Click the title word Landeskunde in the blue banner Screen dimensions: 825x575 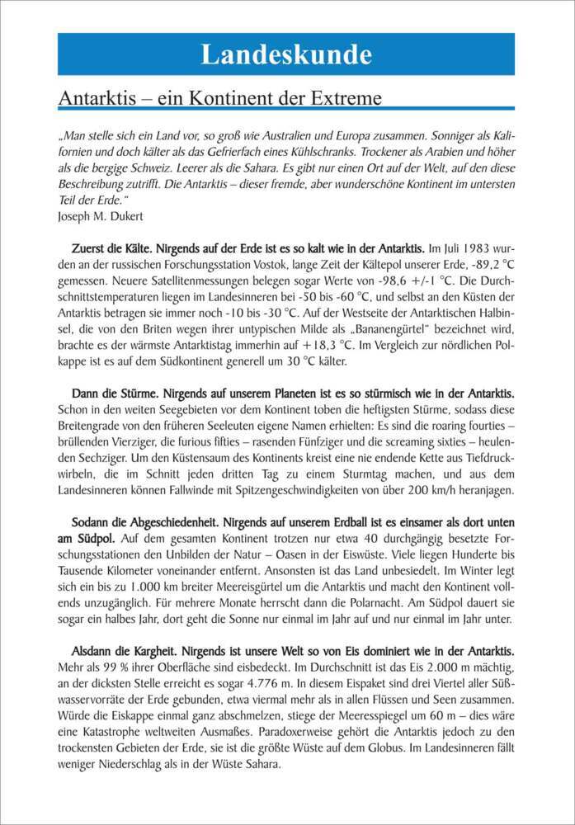coord(286,54)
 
